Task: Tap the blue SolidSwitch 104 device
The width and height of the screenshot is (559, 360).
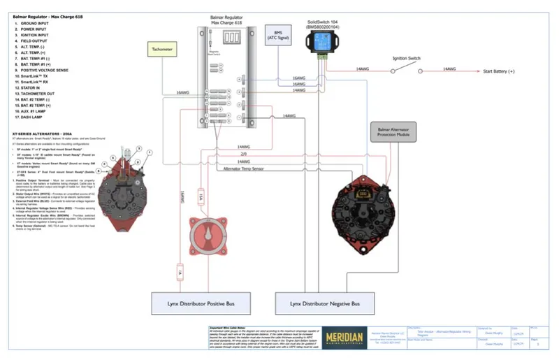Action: [323, 43]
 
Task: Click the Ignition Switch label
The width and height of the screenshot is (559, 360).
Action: [406, 59]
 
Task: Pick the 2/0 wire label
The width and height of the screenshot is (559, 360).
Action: [243, 153]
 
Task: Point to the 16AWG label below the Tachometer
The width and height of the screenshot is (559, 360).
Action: [182, 92]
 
